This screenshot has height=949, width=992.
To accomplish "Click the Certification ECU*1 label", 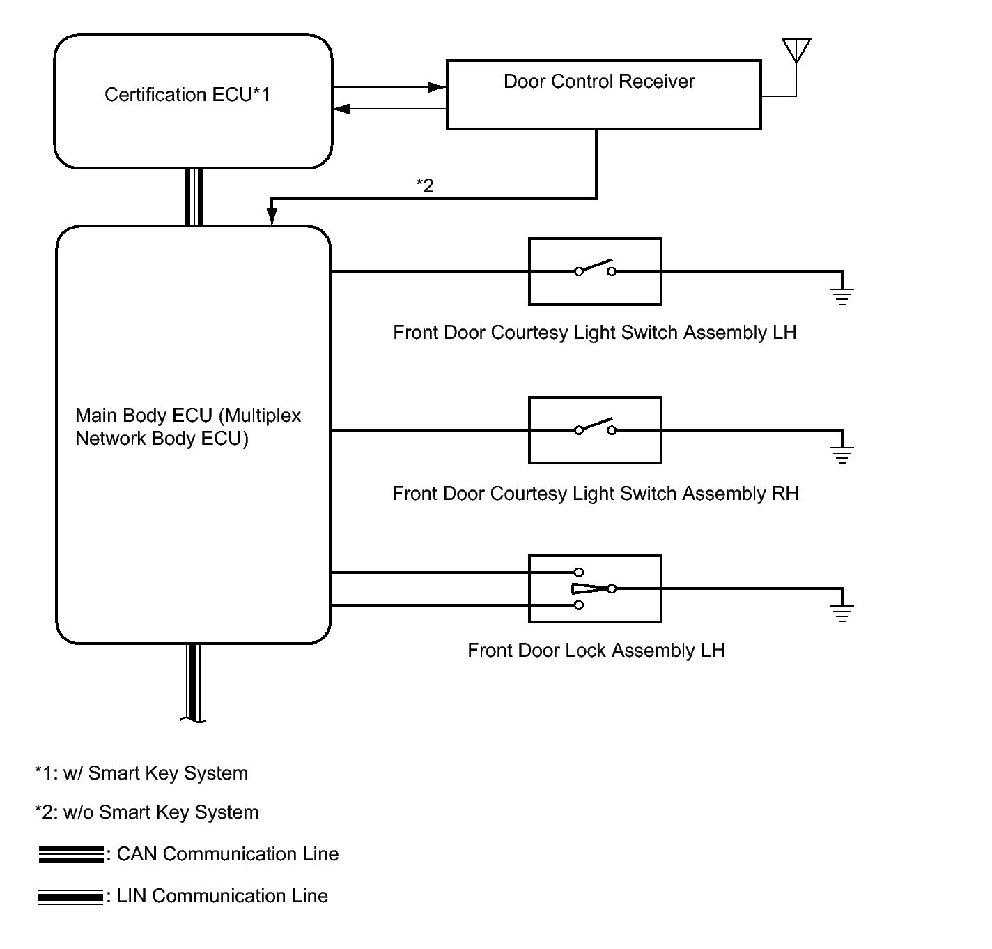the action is (x=187, y=94).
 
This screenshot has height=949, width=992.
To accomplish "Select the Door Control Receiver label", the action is (x=599, y=82).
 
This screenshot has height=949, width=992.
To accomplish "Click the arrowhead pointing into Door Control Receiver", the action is (x=437, y=87).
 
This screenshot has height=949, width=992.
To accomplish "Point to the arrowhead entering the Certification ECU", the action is (x=341, y=109).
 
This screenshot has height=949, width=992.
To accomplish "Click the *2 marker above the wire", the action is (x=425, y=185).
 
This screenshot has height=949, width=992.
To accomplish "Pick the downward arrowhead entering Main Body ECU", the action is (x=272, y=216).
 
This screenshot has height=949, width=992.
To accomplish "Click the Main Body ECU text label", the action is (x=188, y=427).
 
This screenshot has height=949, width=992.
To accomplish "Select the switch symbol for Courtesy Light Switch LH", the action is (x=596, y=268).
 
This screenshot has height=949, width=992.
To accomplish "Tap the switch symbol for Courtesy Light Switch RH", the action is (x=596, y=427).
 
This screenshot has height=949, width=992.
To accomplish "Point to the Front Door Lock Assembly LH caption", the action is (x=596, y=651).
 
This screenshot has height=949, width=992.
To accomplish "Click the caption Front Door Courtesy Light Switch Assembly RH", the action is (x=596, y=494).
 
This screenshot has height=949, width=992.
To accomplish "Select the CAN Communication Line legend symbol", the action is (x=71, y=854).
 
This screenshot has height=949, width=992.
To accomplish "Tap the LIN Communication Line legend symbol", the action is (x=70, y=897).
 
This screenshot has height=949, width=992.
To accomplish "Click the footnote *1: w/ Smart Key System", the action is (x=141, y=773).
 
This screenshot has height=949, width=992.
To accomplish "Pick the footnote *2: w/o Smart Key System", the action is (x=147, y=812).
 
